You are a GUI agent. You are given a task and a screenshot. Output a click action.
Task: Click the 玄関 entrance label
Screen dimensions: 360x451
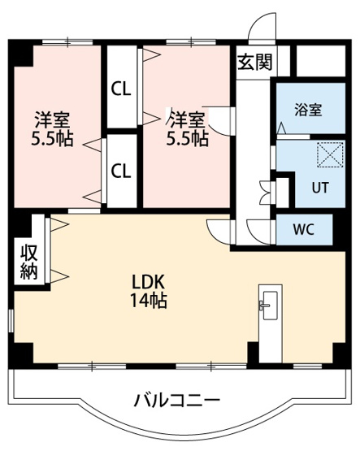click(254, 62)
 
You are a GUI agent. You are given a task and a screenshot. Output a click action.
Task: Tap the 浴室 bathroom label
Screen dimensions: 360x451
click(308, 110)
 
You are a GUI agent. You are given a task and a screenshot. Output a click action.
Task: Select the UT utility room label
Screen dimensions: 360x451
click(320, 188)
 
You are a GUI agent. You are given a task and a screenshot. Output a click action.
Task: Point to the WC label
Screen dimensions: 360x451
click(304, 229)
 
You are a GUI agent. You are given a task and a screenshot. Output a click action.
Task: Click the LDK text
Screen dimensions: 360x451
click(148, 282)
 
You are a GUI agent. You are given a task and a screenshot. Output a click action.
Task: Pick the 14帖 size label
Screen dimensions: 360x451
click(149, 300)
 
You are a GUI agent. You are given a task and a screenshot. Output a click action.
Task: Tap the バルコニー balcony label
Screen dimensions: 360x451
click(176, 401)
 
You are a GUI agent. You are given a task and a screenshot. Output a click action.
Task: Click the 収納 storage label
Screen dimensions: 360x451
click(28, 262)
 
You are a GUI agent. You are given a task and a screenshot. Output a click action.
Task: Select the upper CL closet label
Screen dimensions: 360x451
click(121, 89)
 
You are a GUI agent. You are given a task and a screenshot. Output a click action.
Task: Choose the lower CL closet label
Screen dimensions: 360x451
click(121, 171)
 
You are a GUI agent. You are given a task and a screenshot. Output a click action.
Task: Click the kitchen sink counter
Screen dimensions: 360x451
click(271, 323)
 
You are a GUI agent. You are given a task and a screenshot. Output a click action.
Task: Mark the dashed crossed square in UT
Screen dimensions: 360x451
click(330, 155)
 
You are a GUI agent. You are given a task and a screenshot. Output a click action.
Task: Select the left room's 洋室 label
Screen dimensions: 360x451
click(53, 119)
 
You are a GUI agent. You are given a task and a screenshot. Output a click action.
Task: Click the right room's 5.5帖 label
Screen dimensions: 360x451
click(188, 139)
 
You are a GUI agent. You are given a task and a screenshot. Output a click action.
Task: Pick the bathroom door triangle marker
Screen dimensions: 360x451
click(281, 128)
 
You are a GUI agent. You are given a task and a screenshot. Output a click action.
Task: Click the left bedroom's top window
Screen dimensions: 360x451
click(67, 42)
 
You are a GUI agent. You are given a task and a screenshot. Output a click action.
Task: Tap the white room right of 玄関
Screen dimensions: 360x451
click(321, 61)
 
